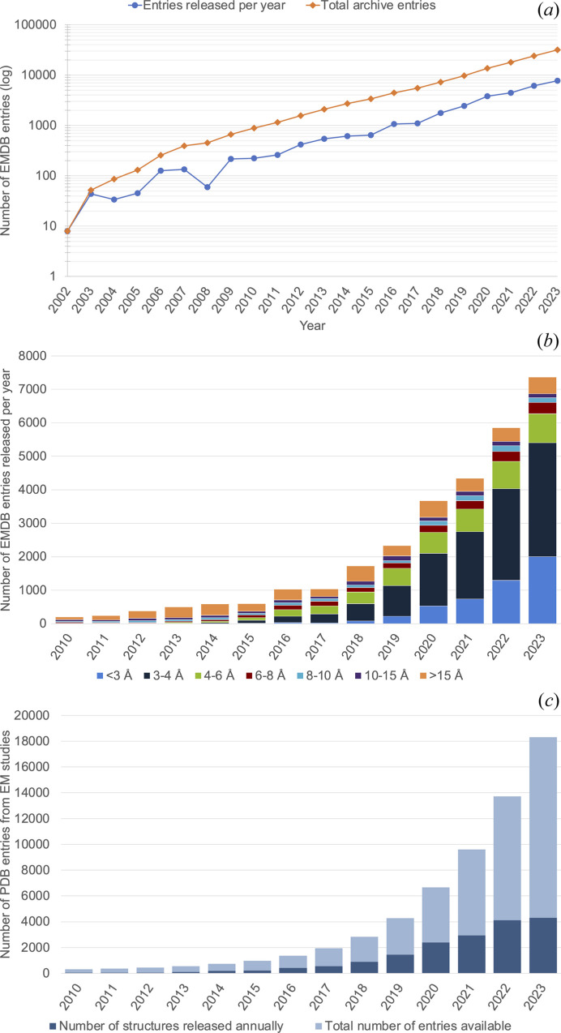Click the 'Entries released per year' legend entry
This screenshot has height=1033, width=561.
pyautogui.click(x=207, y=6)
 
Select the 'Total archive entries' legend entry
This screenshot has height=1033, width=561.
pyautogui.click(x=370, y=6)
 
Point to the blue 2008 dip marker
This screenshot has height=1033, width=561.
pyautogui.click(x=208, y=187)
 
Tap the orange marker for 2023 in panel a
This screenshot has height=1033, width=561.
pyautogui.click(x=557, y=49)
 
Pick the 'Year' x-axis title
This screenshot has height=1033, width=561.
pyautogui.click(x=312, y=326)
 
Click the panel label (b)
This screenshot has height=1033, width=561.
pyautogui.click(x=548, y=341)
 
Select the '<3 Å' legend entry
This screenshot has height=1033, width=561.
pyautogui.click(x=114, y=675)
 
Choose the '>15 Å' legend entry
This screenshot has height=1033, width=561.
pyautogui.click(x=441, y=675)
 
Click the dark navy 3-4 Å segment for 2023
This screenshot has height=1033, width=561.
pyautogui.click(x=542, y=500)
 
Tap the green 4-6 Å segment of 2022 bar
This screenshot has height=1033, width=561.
pyautogui.click(x=506, y=475)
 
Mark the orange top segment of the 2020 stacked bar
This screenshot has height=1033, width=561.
pyautogui.click(x=433, y=509)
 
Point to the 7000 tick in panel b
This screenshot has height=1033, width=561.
pyautogui.click(x=32, y=389)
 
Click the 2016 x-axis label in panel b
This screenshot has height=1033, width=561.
pyautogui.click(x=280, y=646)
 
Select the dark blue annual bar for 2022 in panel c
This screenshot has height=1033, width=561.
pyautogui.click(x=507, y=947)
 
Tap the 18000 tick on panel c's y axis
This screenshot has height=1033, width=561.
pyautogui.click(x=32, y=741)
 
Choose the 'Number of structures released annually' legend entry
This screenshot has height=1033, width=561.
pyautogui.click(x=166, y=1026)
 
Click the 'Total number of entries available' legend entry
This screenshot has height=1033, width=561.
pyautogui.click(x=413, y=1026)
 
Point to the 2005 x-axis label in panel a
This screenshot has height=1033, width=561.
pyautogui.click(x=130, y=300)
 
